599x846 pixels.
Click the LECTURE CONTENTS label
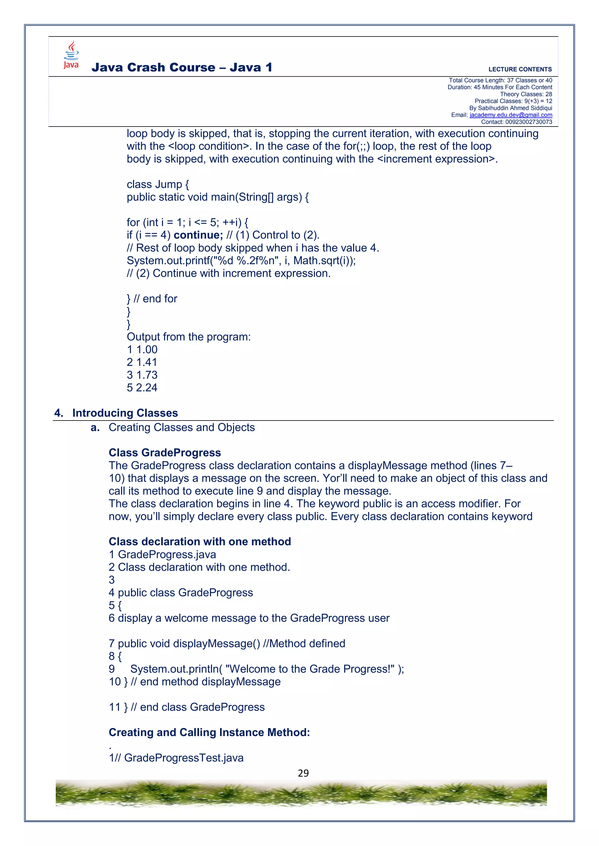click(x=520, y=69)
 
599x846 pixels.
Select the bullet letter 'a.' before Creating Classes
click(x=95, y=428)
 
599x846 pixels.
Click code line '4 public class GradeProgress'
click(x=180, y=593)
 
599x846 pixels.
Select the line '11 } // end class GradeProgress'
click(x=186, y=707)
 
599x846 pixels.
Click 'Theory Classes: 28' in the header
click(x=526, y=94)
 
